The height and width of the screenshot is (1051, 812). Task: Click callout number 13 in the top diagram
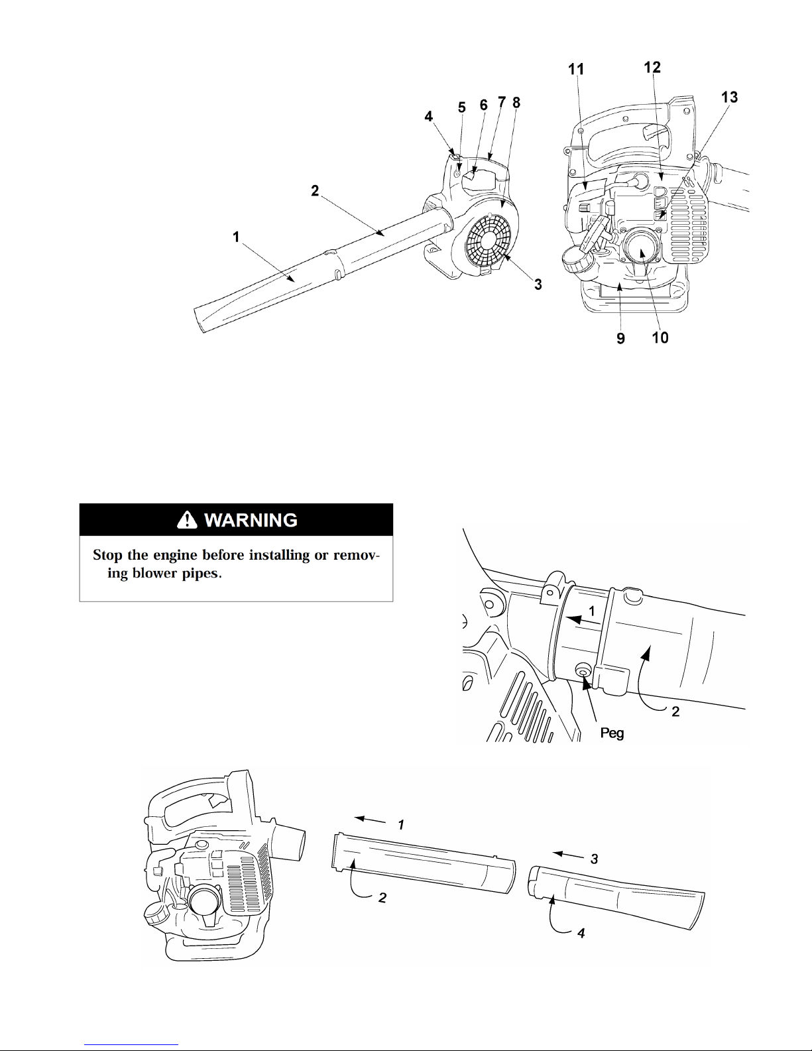(x=729, y=97)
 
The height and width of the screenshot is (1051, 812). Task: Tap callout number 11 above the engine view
(x=576, y=70)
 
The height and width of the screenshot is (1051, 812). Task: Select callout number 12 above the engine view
(x=652, y=67)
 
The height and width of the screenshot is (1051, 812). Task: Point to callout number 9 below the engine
(x=620, y=339)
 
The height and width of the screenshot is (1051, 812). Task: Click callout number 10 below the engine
(x=660, y=338)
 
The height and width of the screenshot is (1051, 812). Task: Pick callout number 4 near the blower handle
(x=429, y=117)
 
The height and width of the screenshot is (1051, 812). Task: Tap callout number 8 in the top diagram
(x=516, y=103)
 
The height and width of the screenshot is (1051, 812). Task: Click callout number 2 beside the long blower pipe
(x=315, y=191)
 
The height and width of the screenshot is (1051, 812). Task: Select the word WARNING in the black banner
(x=251, y=520)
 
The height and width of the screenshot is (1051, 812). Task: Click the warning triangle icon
(x=187, y=519)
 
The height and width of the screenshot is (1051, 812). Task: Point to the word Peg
(x=612, y=734)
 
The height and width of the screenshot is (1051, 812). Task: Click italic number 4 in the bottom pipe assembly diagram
(x=581, y=933)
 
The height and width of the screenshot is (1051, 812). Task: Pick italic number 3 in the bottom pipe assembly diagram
(x=594, y=859)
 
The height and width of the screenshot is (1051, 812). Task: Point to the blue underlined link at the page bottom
(x=131, y=1044)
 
